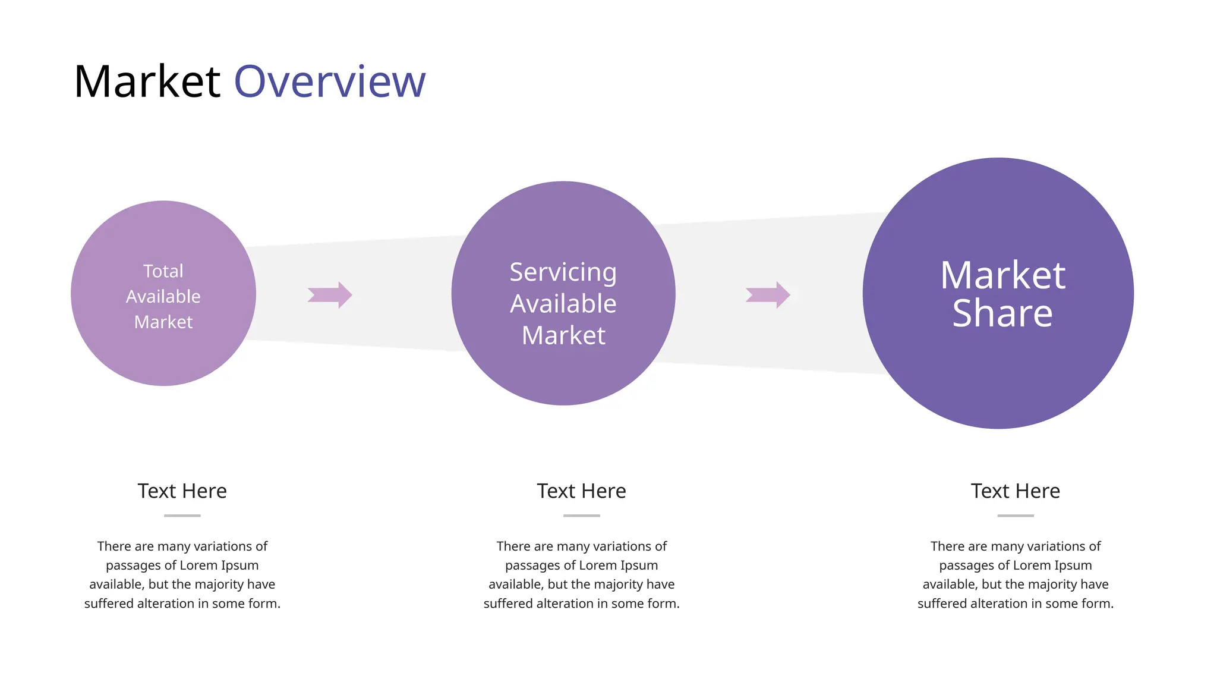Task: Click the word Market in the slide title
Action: click(x=147, y=81)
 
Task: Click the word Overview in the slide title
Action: click(x=330, y=81)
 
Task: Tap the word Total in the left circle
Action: click(x=163, y=271)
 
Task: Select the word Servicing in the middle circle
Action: click(x=563, y=272)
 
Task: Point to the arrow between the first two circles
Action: click(x=330, y=295)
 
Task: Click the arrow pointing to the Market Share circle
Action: click(x=768, y=295)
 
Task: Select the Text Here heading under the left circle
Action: click(x=182, y=491)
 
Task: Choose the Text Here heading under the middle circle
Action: click(x=581, y=491)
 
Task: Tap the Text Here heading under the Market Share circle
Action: click(x=1015, y=491)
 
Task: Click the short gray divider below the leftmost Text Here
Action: click(x=182, y=516)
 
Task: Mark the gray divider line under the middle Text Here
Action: click(x=581, y=516)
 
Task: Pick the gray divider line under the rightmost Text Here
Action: click(x=1015, y=516)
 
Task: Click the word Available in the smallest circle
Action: click(x=163, y=297)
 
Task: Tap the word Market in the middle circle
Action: click(x=563, y=335)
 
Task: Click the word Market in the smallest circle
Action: click(x=163, y=322)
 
